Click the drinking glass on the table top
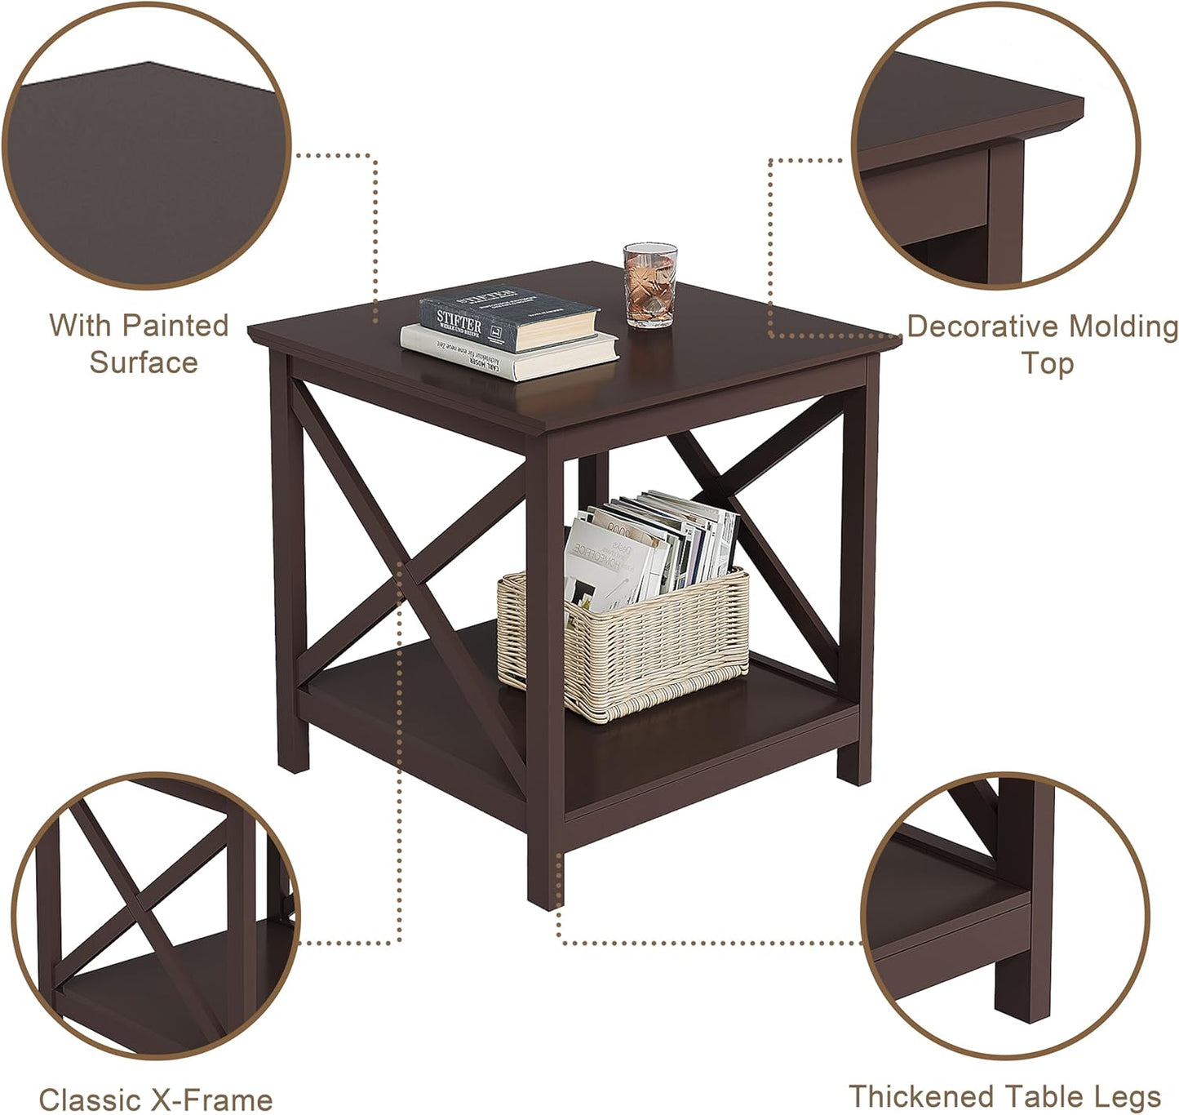pyautogui.click(x=650, y=285)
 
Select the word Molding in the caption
pyautogui.click(x=1124, y=327)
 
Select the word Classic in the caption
pyautogui.click(x=88, y=1099)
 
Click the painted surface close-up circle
pyautogui.click(x=147, y=147)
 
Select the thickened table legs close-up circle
pyautogui.click(x=1005, y=914)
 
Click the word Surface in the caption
pyautogui.click(x=144, y=362)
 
